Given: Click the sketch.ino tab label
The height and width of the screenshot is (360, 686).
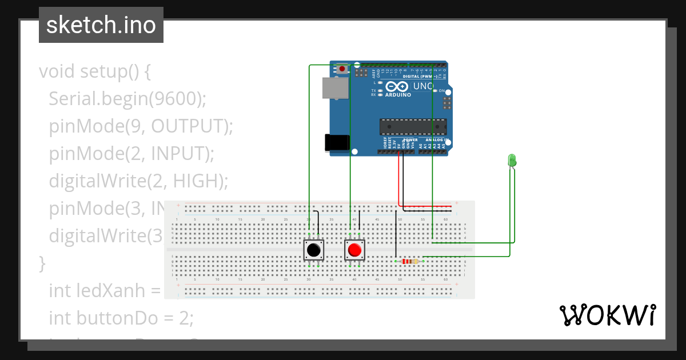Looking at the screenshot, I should [x=101, y=25].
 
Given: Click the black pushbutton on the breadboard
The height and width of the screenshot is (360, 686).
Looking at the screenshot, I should [x=313, y=250].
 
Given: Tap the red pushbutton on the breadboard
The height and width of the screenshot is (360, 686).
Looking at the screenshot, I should [x=354, y=250].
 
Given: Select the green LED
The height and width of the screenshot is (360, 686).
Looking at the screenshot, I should [x=512, y=161].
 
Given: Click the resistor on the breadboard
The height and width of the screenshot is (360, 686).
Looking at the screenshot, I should [x=409, y=261].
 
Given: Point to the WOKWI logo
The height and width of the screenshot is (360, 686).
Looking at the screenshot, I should [x=607, y=315].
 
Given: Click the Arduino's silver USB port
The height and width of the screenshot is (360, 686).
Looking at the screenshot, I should [x=334, y=87].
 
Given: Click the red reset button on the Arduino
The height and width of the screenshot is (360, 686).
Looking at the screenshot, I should [x=342, y=69].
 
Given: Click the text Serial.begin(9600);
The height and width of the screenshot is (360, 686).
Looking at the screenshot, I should [x=127, y=99].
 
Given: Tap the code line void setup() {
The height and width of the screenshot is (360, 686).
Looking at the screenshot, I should [x=94, y=71].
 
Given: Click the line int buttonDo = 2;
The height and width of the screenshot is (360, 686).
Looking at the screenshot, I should [x=121, y=318].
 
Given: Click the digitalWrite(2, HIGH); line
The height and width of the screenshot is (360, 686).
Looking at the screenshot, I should [x=138, y=181].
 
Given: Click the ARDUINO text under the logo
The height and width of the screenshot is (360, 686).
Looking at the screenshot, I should [x=398, y=95].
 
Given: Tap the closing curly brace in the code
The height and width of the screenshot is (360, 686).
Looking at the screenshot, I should [x=42, y=263].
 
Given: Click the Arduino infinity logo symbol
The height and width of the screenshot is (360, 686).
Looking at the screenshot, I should [x=397, y=87].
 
